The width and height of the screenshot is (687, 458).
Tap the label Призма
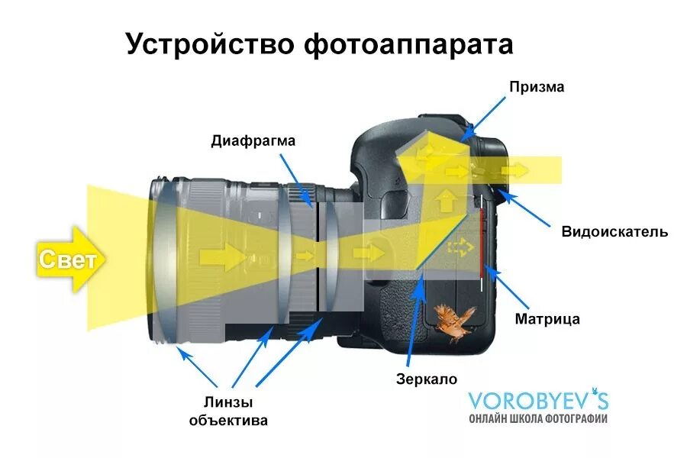537,87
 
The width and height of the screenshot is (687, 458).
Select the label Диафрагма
253,140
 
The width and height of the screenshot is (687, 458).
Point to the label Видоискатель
614,231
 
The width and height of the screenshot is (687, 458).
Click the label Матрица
547,318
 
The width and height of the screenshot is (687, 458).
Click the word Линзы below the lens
228,402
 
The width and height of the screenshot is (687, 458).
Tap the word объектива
228,421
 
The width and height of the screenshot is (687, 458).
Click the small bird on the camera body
454,321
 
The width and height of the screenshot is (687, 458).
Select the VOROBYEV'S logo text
538,400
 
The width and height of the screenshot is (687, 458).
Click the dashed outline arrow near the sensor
459,247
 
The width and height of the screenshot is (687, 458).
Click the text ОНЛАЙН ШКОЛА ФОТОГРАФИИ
538,418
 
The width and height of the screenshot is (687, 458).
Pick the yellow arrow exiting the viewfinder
519,169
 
